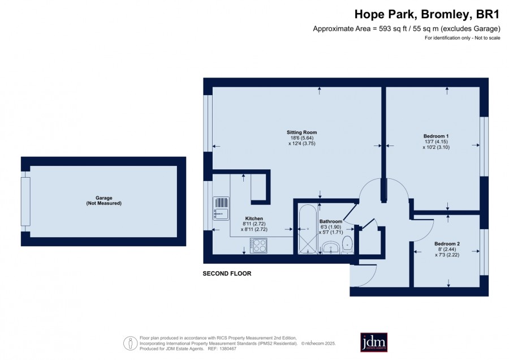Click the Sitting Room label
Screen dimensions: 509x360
(301, 132)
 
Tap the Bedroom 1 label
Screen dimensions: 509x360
(436, 136)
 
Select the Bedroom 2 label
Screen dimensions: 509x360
(447, 244)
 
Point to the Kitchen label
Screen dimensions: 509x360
(254, 218)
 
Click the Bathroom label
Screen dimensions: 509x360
(331, 221)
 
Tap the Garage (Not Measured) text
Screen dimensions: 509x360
(104, 200)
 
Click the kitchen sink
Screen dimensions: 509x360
(221, 209)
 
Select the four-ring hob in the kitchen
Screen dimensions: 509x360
(258, 245)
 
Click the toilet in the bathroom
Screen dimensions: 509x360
(348, 245)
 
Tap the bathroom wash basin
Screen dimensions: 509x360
(331, 248)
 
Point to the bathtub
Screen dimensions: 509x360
(308, 229)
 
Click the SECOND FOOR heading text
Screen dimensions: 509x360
(227, 273)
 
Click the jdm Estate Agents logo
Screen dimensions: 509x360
(374, 342)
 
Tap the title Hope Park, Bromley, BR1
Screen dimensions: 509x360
(427, 14)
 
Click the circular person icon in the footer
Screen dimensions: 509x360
(131, 343)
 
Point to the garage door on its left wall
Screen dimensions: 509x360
(25, 202)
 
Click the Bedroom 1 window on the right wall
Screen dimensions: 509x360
(484, 147)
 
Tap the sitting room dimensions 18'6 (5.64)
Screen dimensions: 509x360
(302, 138)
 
